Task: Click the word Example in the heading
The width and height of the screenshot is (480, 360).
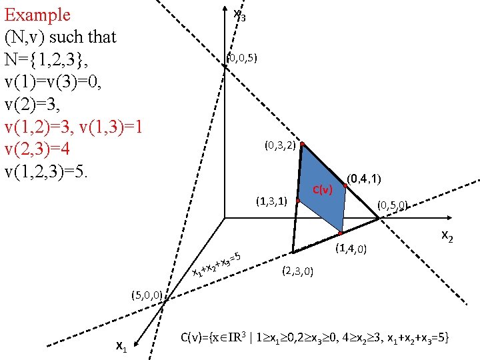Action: point(37,15)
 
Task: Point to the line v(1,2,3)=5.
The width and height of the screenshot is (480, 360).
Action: point(55,172)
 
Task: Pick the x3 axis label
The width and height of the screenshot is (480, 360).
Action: point(239,15)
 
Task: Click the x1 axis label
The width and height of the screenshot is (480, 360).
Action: point(121,345)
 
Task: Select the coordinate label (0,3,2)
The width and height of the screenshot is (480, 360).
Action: point(280,145)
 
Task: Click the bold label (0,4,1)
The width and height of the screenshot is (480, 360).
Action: point(364,178)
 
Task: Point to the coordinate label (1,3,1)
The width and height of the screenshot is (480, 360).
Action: point(271,201)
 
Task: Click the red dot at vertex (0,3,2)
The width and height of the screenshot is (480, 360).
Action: point(302,144)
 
